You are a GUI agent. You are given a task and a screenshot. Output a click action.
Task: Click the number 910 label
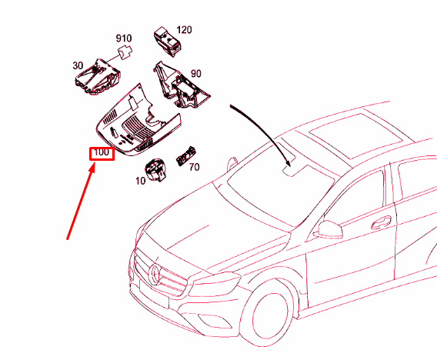pos(124,38)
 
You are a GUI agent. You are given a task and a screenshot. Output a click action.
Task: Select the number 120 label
pos(185,30)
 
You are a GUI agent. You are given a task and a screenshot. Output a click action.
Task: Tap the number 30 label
pos(78,65)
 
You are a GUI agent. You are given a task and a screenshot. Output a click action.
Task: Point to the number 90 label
pos(196,73)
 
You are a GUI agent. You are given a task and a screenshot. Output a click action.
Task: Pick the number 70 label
pos(194,166)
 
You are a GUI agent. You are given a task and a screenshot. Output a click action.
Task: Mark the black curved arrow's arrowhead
pos(289,162)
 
